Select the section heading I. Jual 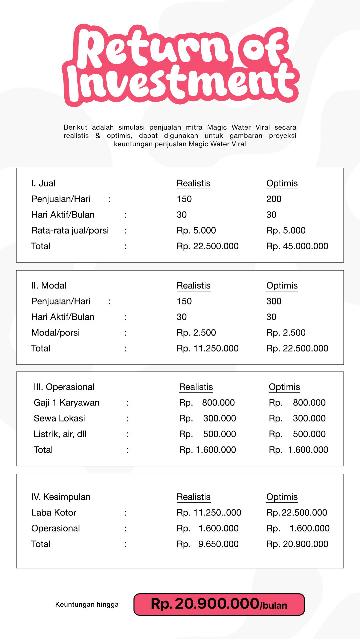click(43, 183)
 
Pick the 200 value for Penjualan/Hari click(274, 199)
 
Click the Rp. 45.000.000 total click(297, 246)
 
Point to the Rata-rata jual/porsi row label click(70, 231)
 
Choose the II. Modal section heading click(49, 286)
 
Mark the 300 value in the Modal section click(274, 301)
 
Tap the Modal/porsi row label click(55, 332)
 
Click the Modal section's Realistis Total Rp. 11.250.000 click(207, 348)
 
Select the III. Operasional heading click(64, 387)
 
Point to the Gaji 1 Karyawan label click(66, 403)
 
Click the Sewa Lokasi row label click(59, 418)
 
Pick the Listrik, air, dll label click(60, 434)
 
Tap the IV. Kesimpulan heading click(61, 497)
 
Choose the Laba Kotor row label click(54, 513)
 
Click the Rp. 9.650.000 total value click(207, 544)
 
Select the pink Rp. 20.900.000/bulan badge click(219, 604)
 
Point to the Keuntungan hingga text click(87, 604)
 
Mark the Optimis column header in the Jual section click(282, 183)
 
